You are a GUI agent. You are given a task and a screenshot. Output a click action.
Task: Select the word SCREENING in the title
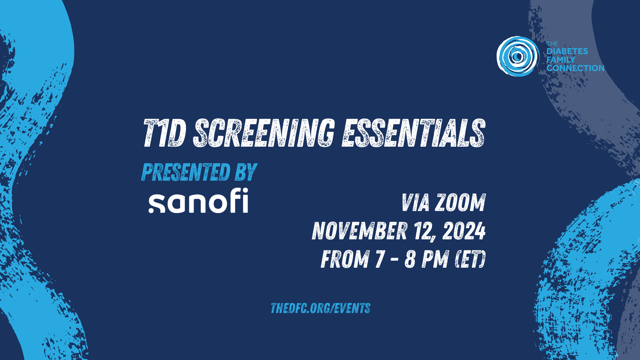click(264, 133)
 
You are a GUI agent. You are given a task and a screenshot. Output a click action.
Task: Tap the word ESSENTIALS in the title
click(413, 133)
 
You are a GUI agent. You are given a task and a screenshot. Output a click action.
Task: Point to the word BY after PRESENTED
click(246, 172)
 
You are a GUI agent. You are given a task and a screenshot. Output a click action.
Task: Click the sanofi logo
click(198, 201)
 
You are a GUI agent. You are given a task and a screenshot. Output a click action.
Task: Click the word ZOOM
click(460, 203)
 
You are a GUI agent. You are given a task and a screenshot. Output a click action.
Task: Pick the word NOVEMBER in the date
click(359, 231)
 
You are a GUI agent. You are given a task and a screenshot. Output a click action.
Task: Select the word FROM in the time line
click(345, 259)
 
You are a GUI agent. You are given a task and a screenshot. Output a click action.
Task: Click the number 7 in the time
click(380, 259)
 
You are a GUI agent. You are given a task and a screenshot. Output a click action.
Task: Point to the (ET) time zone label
click(470, 259)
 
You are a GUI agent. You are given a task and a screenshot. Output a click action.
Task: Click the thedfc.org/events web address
click(320, 308)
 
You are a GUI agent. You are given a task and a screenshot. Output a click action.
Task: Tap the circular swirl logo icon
click(518, 56)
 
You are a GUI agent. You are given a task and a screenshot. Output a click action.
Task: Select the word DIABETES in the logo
click(567, 51)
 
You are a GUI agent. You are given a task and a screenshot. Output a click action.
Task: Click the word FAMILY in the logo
click(561, 60)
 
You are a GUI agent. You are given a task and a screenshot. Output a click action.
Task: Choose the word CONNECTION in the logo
click(575, 68)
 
